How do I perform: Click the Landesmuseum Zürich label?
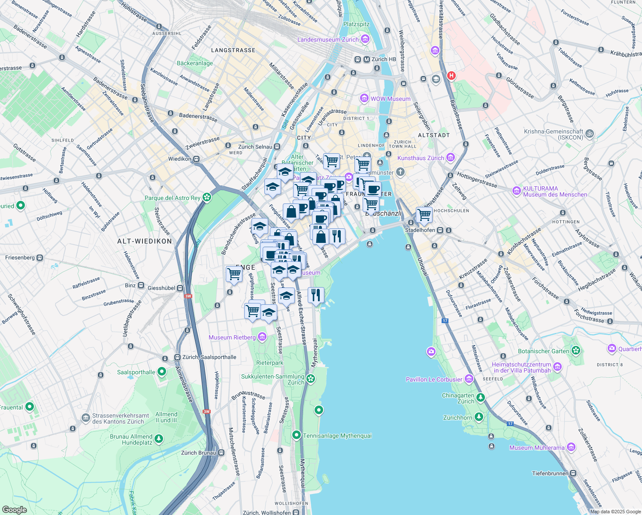coord(328,39)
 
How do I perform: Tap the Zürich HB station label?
coord(383,59)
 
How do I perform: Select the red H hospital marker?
coord(451,76)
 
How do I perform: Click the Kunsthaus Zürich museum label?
coord(421,158)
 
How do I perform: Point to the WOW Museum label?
coord(390,99)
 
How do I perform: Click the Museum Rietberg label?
coord(232,337)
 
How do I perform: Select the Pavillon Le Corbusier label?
coord(434,379)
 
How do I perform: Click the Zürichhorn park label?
coord(457,417)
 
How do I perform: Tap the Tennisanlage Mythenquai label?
coord(337,436)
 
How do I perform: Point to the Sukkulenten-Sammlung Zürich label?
coord(273,379)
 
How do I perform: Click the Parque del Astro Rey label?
coord(173,198)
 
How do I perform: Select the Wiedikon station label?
coord(180,159)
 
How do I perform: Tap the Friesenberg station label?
coord(20,257)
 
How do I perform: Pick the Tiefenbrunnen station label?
coord(550,473)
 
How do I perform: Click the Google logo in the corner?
coord(14,509)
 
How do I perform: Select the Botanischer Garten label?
coord(543,351)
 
